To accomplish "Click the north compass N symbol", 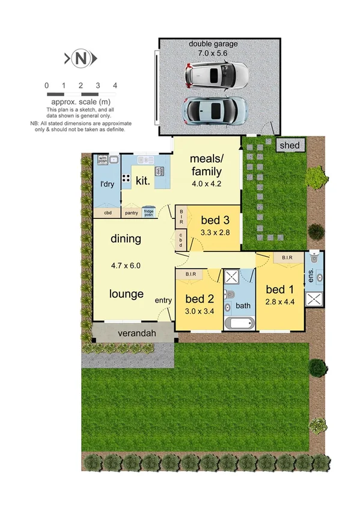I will pyautogui.click(x=80, y=58).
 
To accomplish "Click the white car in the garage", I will pyautogui.click(x=216, y=76).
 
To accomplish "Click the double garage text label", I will pyautogui.click(x=213, y=44).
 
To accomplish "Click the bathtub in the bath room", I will pyautogui.click(x=240, y=324).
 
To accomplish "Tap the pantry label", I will pyautogui.click(x=131, y=212).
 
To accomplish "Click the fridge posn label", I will pyautogui.click(x=149, y=212).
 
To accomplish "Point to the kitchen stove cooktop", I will pyautogui.click(x=127, y=178).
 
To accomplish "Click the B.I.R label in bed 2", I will pyautogui.click(x=191, y=274).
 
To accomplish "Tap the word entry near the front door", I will pyautogui.click(x=163, y=300).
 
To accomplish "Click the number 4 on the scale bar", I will pyautogui.click(x=114, y=85).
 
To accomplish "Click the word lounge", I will pyautogui.click(x=126, y=294).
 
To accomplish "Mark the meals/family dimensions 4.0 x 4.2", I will pyautogui.click(x=206, y=183).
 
